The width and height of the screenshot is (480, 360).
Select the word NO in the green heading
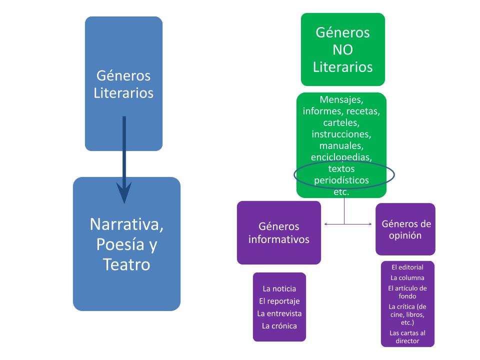tap(342, 49)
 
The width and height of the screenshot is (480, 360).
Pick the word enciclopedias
tap(341, 157)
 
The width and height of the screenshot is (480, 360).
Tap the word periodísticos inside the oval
tap(341, 179)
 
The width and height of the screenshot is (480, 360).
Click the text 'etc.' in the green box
tap(341, 191)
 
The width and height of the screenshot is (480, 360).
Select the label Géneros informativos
tap(278, 232)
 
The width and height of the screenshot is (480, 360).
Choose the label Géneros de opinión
tap(405, 229)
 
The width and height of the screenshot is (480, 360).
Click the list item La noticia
tap(279, 288)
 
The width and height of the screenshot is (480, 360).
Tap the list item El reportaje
tap(279, 301)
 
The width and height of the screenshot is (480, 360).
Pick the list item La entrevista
tap(279, 313)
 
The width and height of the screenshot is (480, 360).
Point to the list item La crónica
tap(279, 326)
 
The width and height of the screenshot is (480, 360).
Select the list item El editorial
tap(407, 267)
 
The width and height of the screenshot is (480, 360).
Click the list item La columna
tap(407, 277)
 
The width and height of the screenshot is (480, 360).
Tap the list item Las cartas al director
tap(407, 336)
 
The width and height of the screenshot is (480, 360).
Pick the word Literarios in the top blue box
tap(123, 93)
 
